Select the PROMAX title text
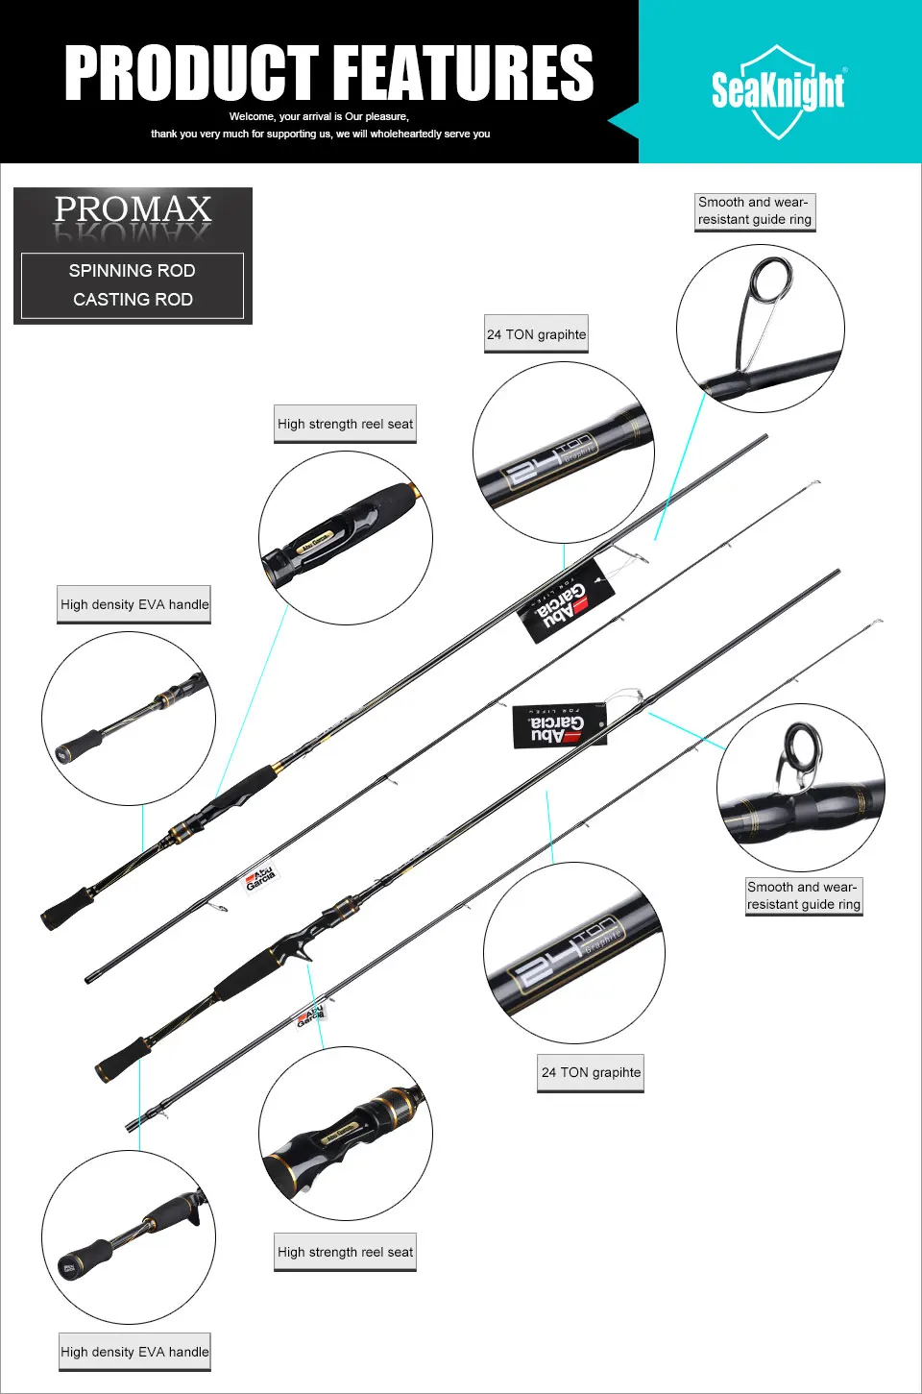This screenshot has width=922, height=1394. pos(133,210)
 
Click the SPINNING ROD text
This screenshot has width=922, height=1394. pos(133,271)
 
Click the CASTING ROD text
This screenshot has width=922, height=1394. pos(133,300)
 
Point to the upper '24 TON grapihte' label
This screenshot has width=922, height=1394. pos(536,334)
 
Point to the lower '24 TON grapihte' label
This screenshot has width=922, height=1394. pos(591,1072)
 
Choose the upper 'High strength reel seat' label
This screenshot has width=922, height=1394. pos(345,424)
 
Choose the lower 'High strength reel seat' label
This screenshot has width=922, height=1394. pos(345,1252)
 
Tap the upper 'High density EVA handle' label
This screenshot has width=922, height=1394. pos(134,604)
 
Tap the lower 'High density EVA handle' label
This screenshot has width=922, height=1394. pos(134,1352)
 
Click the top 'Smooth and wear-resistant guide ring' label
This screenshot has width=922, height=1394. pos(755,211)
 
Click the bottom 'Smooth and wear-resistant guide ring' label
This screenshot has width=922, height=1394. pos(804,896)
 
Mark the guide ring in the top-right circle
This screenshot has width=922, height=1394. pos(770,280)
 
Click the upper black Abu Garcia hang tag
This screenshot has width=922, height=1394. pos(565,600)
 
